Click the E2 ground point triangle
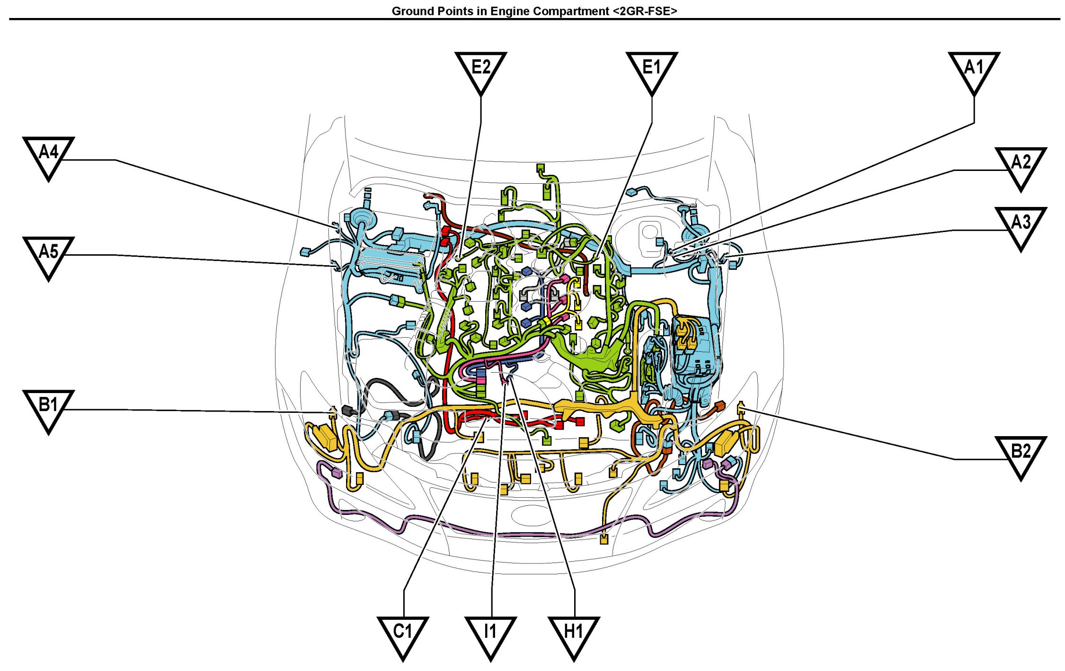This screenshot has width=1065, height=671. [x=480, y=71]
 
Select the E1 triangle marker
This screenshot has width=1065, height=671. [x=651, y=71]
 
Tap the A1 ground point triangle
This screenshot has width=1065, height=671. [x=974, y=71]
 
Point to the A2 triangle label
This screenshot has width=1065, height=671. [x=1021, y=167]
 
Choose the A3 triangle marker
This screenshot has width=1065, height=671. [x=1021, y=226]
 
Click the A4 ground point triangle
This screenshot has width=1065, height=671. [x=48, y=156]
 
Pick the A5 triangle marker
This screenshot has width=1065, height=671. [x=48, y=256]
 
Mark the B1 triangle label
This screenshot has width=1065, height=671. [x=48, y=410]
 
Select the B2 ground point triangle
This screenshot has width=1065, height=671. [x=1021, y=456]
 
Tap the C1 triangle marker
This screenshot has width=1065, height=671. [x=403, y=636]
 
